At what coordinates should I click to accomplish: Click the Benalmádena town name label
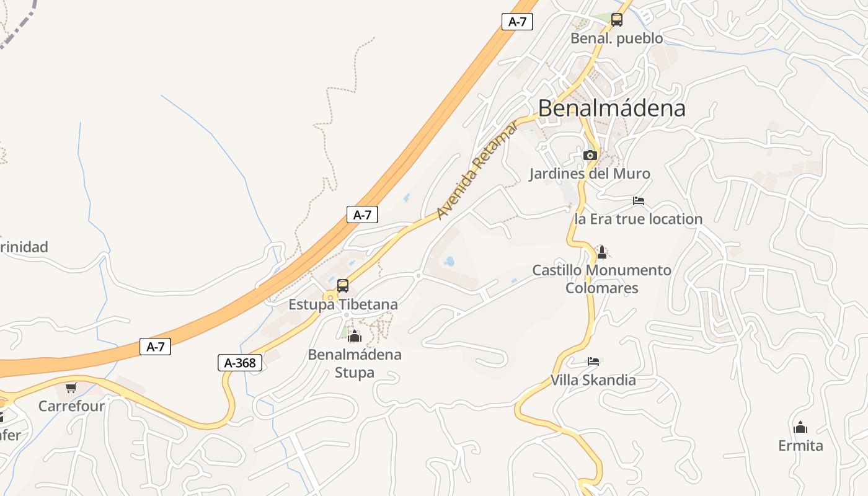pos(611,108)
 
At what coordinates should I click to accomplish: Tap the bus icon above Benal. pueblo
pos(617,20)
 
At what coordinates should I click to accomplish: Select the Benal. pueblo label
pos(616,38)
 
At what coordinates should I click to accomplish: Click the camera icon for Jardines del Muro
pos(590,155)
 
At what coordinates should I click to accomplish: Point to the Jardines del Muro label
pos(589,174)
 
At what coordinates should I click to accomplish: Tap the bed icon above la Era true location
pos(639,201)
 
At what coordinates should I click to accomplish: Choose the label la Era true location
pos(639,219)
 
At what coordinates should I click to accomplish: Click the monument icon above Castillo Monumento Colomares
pos(601,252)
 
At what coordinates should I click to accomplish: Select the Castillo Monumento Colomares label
pos(601,279)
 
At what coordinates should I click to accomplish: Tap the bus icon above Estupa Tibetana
pos(343,286)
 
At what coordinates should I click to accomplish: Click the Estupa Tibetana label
pos(343,305)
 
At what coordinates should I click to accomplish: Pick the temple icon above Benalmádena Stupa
pos(355,337)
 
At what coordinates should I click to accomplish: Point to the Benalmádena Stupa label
pos(355,363)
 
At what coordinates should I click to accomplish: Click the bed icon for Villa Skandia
pos(593,361)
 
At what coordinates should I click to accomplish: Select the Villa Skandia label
pos(593,380)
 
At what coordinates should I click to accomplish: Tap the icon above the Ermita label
pos(800,427)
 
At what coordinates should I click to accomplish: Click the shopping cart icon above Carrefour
pos(71,388)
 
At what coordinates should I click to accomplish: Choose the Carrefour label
pos(71,406)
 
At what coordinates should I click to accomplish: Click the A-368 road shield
pos(240,363)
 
